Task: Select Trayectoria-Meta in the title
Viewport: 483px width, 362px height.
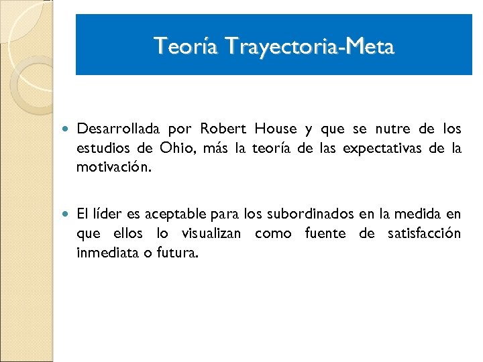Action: pos(310,46)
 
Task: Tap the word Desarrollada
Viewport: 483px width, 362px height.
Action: pos(117,129)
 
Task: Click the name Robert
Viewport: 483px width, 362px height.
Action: pos(223,129)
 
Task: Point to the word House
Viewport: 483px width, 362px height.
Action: pos(275,129)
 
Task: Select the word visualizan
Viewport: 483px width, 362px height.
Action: pos(215,234)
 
